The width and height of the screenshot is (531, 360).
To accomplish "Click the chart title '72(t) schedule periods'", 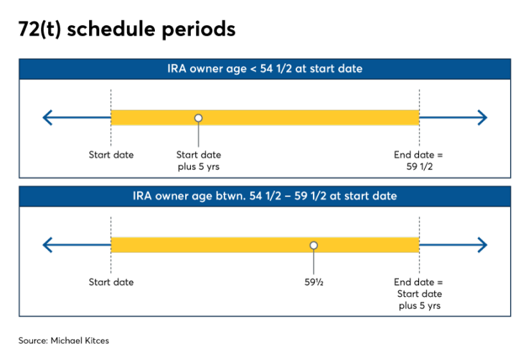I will [x=127, y=30].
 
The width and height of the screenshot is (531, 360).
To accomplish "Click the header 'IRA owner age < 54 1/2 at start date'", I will [x=265, y=69].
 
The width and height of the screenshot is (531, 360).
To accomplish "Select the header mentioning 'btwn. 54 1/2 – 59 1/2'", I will [x=265, y=196].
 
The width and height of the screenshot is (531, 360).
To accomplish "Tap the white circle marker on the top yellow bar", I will [x=199, y=118].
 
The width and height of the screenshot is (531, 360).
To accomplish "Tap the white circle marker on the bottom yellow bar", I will [x=314, y=245].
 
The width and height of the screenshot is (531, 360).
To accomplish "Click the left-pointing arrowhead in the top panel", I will [x=47, y=118].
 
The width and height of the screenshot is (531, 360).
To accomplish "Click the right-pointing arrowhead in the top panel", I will [x=482, y=118].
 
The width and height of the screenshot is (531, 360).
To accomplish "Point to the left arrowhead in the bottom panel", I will [x=47, y=245].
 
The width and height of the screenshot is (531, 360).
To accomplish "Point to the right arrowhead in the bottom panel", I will [x=482, y=245].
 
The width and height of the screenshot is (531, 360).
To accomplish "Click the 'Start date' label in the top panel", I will [x=111, y=155].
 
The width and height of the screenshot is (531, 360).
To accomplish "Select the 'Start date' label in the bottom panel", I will [x=111, y=282].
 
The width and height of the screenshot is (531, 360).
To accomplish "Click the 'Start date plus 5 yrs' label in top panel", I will [x=199, y=161].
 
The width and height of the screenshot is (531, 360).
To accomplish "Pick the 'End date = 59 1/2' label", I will [x=419, y=161].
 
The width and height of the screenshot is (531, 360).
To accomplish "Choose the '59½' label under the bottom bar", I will [x=314, y=282].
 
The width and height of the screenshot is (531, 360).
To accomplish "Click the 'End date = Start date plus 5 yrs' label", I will [x=419, y=293].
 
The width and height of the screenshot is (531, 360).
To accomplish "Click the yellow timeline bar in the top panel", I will [x=301, y=118].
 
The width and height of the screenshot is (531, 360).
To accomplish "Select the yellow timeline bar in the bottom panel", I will [x=215, y=245].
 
